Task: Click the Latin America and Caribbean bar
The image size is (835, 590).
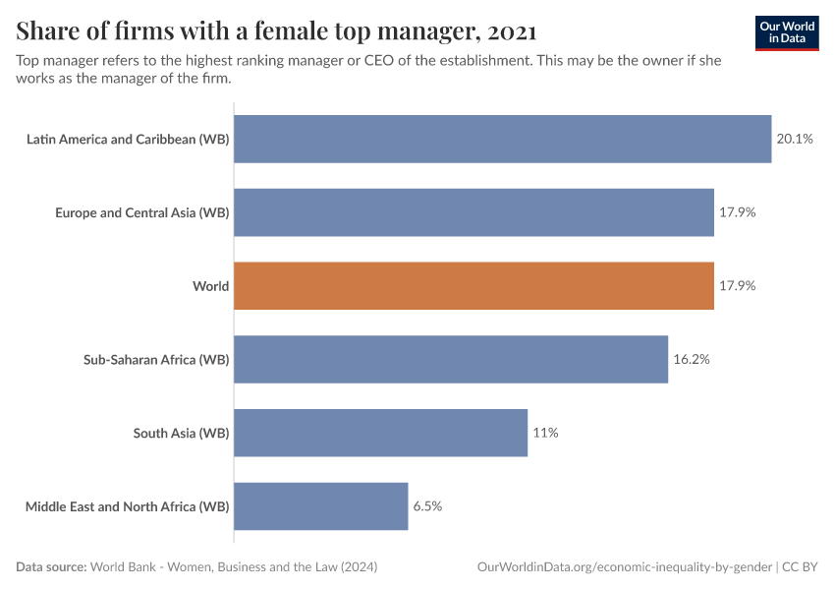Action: click(502, 139)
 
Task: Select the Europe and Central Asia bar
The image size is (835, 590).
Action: click(473, 212)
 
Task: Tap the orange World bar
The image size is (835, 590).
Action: click(473, 286)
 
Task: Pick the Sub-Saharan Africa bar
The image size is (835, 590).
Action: click(451, 359)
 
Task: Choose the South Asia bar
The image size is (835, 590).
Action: click(380, 433)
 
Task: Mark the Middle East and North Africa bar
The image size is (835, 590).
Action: click(320, 506)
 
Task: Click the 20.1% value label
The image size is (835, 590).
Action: click(795, 139)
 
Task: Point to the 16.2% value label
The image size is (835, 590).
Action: click(691, 359)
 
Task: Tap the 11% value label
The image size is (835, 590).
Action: click(545, 433)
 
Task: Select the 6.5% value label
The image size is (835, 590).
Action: click(427, 506)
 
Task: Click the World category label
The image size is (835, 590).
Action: click(210, 286)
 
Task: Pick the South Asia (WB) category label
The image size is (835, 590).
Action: click(181, 433)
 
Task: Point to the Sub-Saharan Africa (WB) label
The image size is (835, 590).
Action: click(156, 359)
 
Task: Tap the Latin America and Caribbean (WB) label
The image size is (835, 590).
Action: click(128, 139)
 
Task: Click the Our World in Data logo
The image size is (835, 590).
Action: click(787, 32)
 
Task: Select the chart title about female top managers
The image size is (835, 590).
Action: click(276, 31)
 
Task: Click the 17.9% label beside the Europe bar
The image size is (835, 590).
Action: click(737, 212)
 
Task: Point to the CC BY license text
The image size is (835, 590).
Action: click(801, 567)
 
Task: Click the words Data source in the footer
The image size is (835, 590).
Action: click(50, 567)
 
